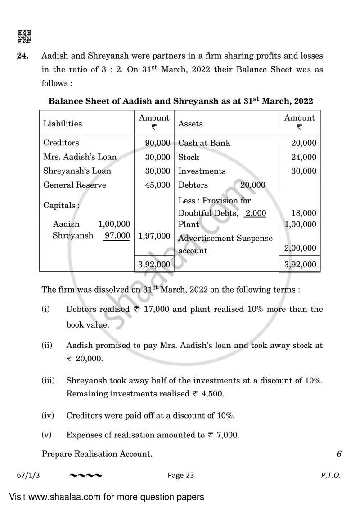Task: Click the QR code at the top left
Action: coord(23,37)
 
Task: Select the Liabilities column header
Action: coord(63,123)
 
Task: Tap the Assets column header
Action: coord(191,123)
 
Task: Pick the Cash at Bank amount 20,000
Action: coord(304,143)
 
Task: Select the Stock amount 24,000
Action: coord(304,157)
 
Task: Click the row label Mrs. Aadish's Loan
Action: coord(80,157)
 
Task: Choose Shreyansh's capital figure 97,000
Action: coord(117,235)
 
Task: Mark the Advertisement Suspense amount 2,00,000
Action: coord(300,248)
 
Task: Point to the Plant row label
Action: coord(189,224)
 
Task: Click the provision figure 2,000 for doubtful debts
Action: coord(255,213)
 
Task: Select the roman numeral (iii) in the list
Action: coord(48,380)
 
